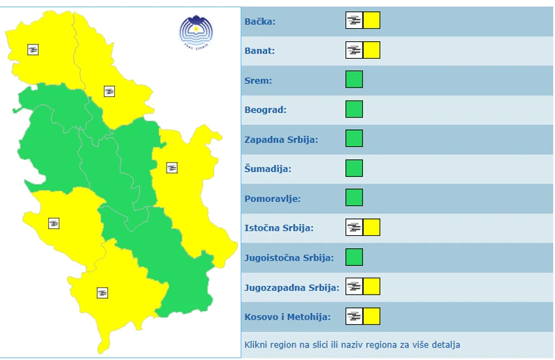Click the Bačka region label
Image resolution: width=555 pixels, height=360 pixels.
coord(260,22)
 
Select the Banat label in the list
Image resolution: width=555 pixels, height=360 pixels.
coord(260,51)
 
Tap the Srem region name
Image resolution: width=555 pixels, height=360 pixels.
coord(258,81)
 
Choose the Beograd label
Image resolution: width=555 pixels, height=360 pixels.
coord(266,110)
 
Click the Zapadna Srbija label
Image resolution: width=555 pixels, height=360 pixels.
coord(281,140)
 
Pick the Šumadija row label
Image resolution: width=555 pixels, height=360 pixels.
coord(268,169)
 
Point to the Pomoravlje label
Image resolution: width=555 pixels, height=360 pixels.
coord(272,199)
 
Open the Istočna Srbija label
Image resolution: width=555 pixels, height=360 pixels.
coord(279,228)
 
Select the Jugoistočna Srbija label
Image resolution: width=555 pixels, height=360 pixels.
coord(289,257)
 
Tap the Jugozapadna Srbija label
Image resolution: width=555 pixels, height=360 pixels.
coord(292,287)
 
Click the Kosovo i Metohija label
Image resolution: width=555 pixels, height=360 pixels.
coord(287,317)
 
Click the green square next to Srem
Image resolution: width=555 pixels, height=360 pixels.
coord(354,80)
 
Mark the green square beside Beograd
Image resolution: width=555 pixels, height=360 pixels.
coord(354,109)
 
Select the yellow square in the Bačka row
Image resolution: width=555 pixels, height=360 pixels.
coord(372,20)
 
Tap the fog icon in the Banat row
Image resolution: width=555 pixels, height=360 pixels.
coord(354,50)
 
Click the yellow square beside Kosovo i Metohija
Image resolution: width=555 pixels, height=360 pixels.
coord(372,316)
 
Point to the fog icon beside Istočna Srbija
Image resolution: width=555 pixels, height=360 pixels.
coord(354,227)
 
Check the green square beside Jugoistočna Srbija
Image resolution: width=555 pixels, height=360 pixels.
coord(354,257)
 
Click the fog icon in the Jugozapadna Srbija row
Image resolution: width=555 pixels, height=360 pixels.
coord(354,286)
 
